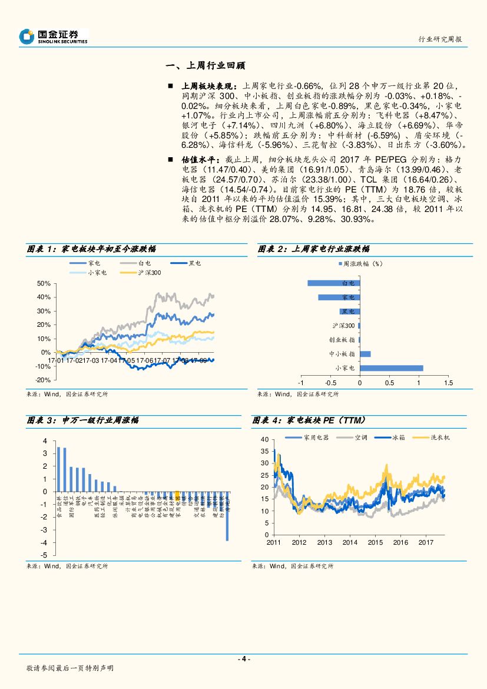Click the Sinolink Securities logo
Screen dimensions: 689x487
[x=54, y=37]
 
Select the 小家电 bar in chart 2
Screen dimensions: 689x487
[x=391, y=368]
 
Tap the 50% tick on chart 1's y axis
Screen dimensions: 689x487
[x=43, y=283]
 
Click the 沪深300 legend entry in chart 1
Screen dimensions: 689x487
[x=141, y=273]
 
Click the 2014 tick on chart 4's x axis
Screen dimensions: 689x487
[x=350, y=542]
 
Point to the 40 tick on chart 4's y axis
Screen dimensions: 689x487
[x=264, y=439]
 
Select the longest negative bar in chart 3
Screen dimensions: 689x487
[x=227, y=516]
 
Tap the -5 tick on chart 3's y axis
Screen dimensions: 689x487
[x=45, y=555]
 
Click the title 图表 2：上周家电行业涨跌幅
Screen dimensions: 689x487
[x=314, y=249]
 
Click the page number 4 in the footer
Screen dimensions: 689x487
[x=244, y=659]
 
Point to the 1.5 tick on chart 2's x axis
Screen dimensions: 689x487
[x=448, y=383]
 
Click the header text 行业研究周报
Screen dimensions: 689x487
[x=440, y=39]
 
